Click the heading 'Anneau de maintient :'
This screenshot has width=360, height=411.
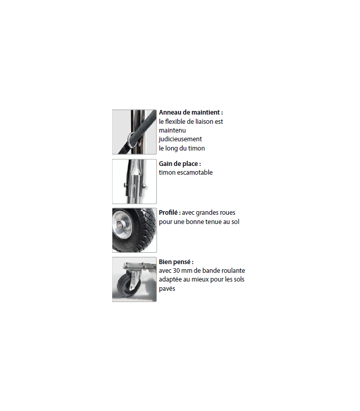191,113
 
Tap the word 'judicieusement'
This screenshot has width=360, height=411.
181,139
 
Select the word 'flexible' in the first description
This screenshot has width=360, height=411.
175,121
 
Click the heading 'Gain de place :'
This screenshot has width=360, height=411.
179,164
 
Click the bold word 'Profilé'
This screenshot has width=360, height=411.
168,213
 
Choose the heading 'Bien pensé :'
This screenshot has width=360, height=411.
176,262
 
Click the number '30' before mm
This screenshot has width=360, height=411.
176,271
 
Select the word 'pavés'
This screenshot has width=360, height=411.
167,289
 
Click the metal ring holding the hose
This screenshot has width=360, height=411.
131,140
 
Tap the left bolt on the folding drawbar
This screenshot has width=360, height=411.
124,186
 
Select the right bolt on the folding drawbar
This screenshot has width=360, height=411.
143,186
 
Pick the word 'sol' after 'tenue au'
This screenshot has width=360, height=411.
236,222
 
